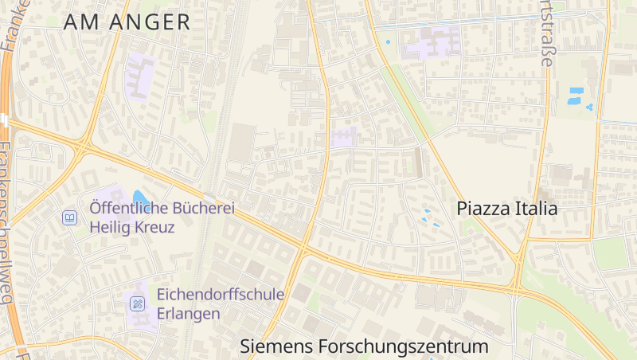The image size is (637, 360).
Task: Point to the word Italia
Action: (x=535, y=209)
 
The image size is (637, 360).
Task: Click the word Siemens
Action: (x=276, y=347)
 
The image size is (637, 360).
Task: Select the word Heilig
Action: (x=108, y=226)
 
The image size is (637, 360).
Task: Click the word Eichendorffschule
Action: (x=221, y=295)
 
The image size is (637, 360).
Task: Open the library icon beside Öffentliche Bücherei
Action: (x=70, y=217)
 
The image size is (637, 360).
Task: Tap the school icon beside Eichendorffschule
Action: (x=138, y=303)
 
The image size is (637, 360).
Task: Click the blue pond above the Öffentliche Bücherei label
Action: (x=140, y=197)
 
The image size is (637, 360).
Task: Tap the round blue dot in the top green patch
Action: (x=389, y=41)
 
